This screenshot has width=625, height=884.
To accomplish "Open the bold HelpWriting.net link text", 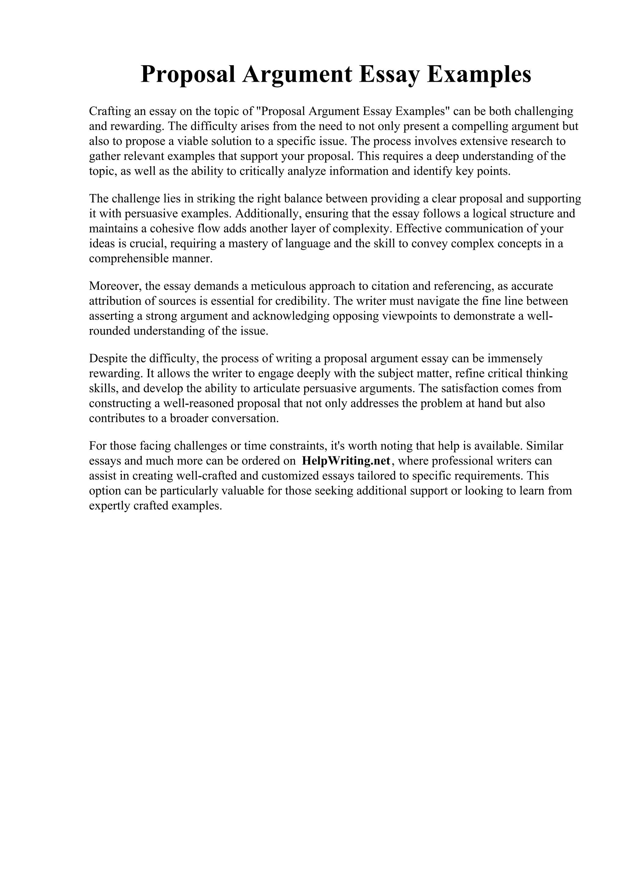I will [346, 461].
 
